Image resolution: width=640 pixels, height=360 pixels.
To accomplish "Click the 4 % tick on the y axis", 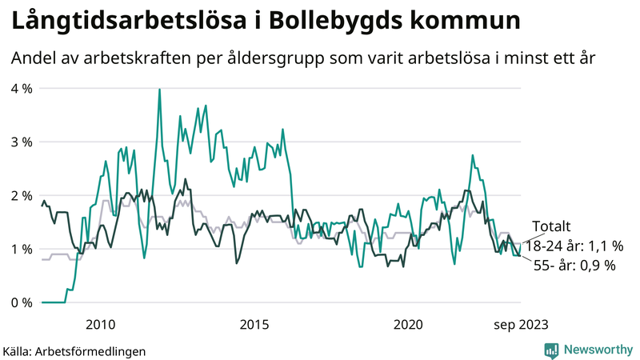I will [21, 88].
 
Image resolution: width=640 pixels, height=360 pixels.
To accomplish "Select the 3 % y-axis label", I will [21, 142].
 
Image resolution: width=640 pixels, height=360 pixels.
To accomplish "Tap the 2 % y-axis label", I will [21, 195].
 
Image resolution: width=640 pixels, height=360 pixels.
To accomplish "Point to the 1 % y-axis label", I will [21, 249].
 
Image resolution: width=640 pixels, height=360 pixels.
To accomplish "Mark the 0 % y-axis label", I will [21, 302].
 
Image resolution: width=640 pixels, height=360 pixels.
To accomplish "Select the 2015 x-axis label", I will [254, 324].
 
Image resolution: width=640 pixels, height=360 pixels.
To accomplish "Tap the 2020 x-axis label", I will [409, 324].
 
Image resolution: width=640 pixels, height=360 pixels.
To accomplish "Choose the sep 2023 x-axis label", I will [521, 324].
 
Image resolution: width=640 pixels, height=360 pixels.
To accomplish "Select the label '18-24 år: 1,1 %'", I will [574, 246].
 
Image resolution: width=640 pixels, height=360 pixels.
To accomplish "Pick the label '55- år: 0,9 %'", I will [574, 266].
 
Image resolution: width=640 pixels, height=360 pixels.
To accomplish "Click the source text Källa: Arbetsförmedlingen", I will [74, 350].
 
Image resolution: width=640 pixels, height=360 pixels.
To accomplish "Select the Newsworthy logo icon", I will [551, 350].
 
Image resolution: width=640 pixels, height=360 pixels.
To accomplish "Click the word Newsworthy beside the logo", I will [598, 350].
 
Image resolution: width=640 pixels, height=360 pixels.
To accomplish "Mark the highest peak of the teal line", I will [159, 90].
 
